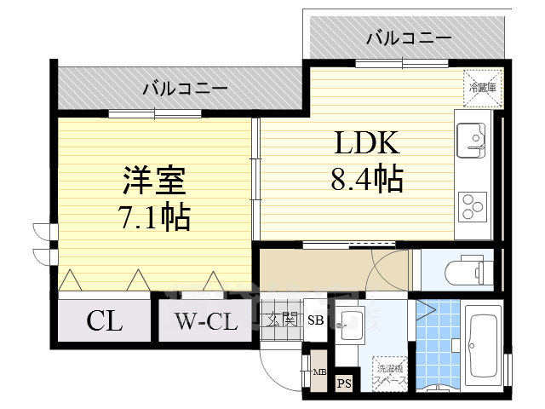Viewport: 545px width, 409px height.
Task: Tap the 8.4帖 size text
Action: (365, 179)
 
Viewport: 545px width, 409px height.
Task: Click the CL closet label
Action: (104, 322)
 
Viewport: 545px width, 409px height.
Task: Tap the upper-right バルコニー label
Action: (397, 37)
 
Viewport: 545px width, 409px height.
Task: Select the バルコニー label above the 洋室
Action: (184, 88)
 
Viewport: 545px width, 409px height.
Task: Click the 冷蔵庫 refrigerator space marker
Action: (478, 84)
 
